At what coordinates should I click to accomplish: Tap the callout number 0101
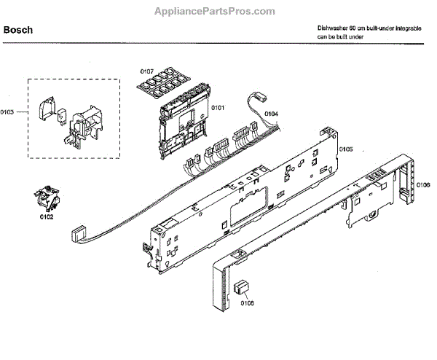218,109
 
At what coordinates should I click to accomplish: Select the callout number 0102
47,216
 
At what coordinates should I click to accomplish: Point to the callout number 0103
9,111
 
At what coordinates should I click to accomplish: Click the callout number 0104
271,114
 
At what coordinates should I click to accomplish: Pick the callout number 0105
345,149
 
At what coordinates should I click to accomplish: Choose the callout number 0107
148,71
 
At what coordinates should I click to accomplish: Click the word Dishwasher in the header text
332,27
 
